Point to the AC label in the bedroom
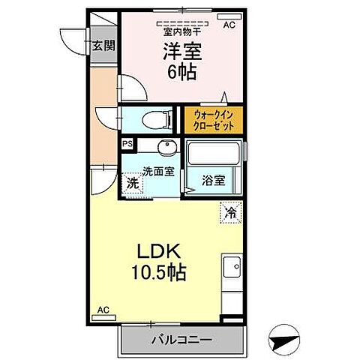tap(229, 23)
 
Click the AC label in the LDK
tap(103, 309)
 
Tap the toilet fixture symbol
tap(150, 118)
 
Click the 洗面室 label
tap(158, 171)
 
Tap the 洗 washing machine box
tap(132, 181)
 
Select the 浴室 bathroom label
tap(214, 180)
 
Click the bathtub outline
tap(214, 154)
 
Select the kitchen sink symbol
tap(232, 267)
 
